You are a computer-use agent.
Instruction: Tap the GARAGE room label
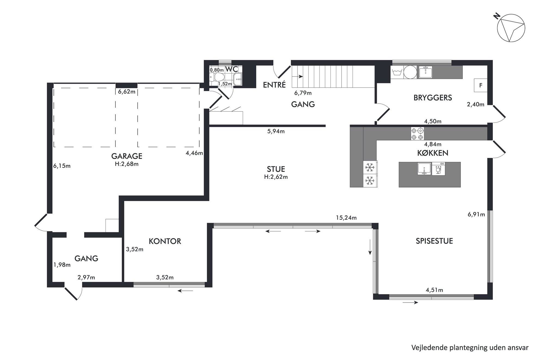pyautogui.click(x=127, y=156)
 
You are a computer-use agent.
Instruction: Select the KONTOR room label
pyautogui.click(x=165, y=241)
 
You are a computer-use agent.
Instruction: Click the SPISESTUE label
pyautogui.click(x=434, y=241)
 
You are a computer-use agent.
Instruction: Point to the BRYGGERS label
pyautogui.click(x=433, y=98)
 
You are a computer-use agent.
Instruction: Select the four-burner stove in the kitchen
pyautogui.click(x=417, y=134)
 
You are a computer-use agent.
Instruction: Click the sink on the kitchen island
pyautogui.click(x=424, y=168)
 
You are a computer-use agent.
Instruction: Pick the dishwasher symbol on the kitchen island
pyautogui.click(x=438, y=169)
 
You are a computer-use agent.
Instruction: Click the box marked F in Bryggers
pyautogui.click(x=481, y=85)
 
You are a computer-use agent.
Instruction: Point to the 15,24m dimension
pyautogui.click(x=346, y=218)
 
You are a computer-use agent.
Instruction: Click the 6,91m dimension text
pyautogui.click(x=476, y=214)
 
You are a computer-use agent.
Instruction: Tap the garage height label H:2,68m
pyautogui.click(x=127, y=164)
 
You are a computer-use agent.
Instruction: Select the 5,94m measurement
pyautogui.click(x=276, y=131)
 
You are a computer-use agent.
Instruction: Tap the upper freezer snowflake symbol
pyautogui.click(x=370, y=167)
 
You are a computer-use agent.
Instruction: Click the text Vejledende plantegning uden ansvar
pyautogui.click(x=470, y=347)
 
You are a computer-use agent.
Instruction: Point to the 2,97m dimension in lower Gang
pyautogui.click(x=86, y=278)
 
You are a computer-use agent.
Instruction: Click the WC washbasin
pyautogui.click(x=238, y=79)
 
